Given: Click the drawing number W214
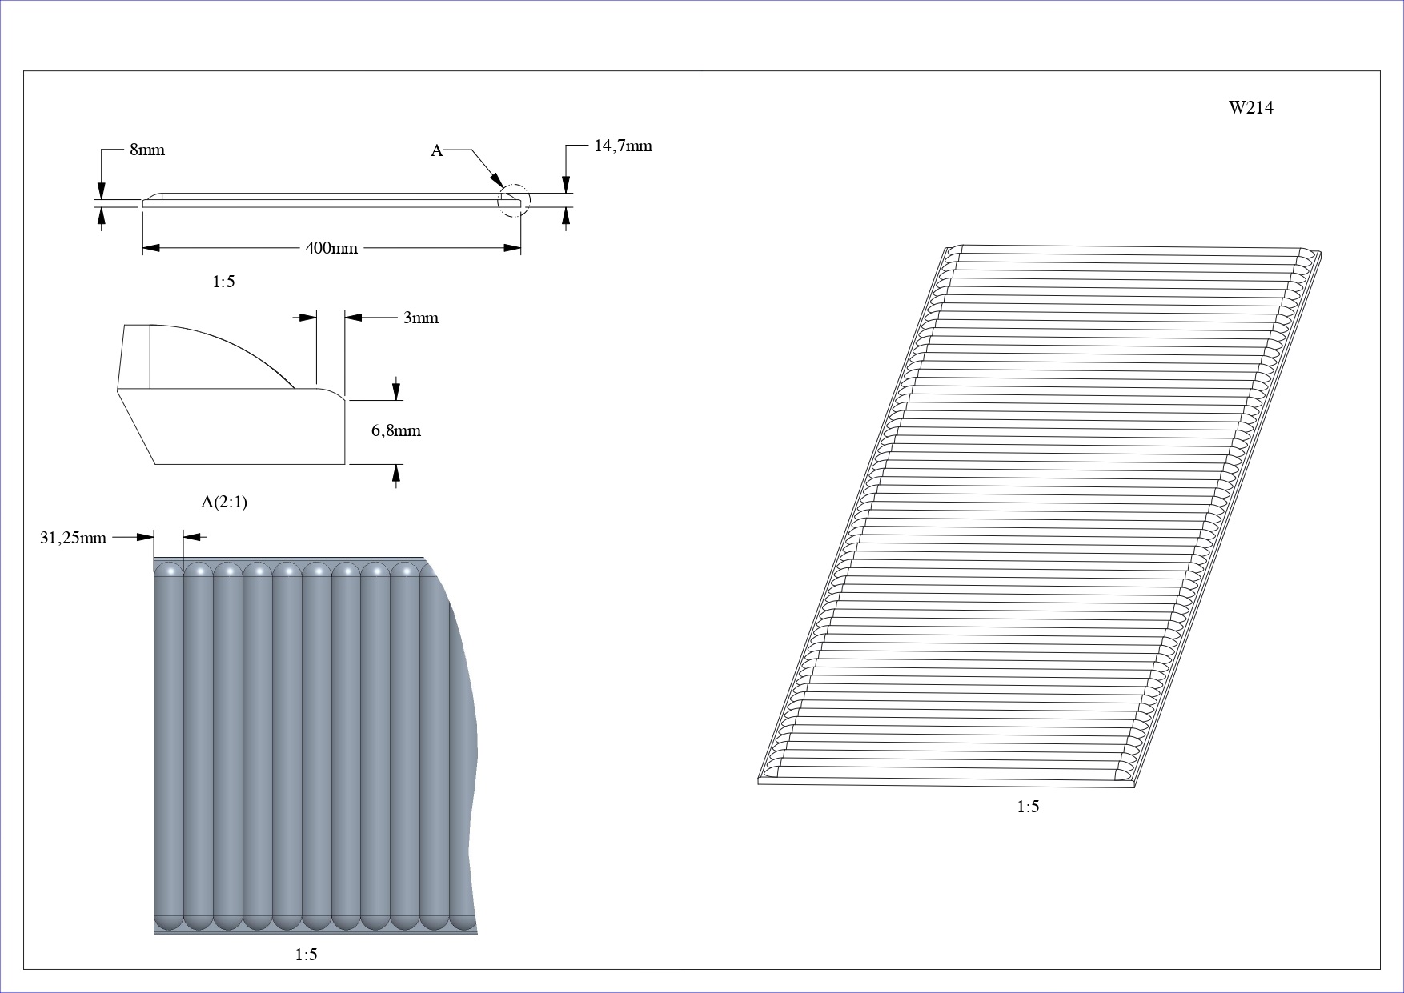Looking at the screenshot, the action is pyautogui.click(x=1251, y=108).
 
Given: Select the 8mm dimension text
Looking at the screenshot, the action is pyautogui.click(x=147, y=150).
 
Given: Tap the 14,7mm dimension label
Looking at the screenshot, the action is pyautogui.click(x=623, y=146).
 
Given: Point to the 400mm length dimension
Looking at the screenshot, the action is pyautogui.click(x=331, y=248).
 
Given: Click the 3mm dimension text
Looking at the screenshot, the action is pyautogui.click(x=420, y=318).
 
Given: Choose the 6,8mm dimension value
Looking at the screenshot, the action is pyautogui.click(x=395, y=430).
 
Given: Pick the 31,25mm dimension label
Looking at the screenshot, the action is pyautogui.click(x=73, y=538).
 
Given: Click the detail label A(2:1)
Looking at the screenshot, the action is pyautogui.click(x=224, y=502).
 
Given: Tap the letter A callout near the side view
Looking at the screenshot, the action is pyautogui.click(x=437, y=150).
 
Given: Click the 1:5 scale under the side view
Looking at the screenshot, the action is pyautogui.click(x=223, y=282).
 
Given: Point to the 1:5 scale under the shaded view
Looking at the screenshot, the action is pyautogui.click(x=306, y=955).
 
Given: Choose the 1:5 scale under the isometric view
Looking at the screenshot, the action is pyautogui.click(x=1028, y=807).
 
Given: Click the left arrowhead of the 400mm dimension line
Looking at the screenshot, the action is pyautogui.click(x=151, y=248).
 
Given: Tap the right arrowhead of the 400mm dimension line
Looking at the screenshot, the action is pyautogui.click(x=512, y=248).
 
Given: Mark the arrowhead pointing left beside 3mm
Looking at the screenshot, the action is pyautogui.click(x=354, y=318).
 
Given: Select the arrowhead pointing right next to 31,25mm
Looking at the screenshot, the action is pyautogui.click(x=145, y=537).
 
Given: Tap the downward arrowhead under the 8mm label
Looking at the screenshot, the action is pyautogui.click(x=101, y=190).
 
